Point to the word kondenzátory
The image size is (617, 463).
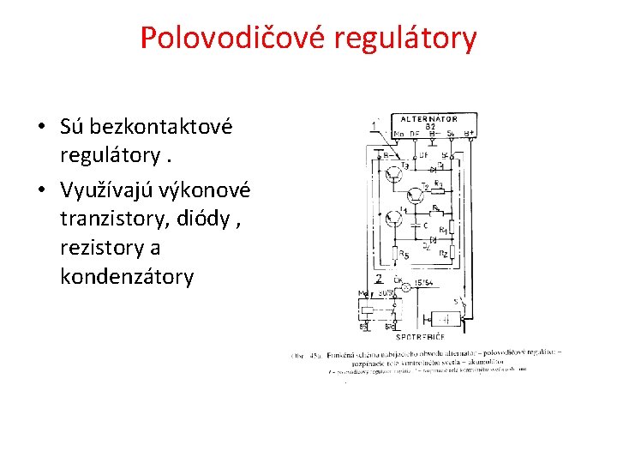tap(127, 278)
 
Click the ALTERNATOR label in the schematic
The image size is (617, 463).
tap(428, 119)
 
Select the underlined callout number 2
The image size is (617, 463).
tap(378, 280)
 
